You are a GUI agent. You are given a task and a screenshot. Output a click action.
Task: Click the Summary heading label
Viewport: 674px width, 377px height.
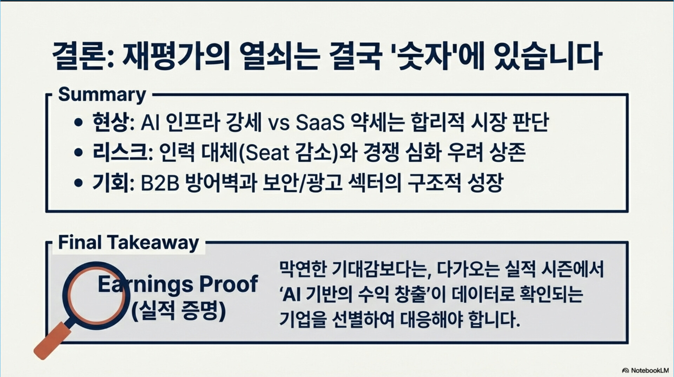pos(102,95)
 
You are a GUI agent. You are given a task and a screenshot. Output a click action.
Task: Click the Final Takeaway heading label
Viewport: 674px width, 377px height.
pos(128,243)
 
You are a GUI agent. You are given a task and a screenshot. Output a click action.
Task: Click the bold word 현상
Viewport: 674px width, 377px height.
pos(110,122)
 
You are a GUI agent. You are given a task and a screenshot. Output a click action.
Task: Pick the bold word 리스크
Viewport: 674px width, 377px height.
pos(120,152)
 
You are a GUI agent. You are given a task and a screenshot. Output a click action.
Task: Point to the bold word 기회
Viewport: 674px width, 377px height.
pos(110,183)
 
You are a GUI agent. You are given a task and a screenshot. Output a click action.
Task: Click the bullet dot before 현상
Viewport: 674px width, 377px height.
pos(79,123)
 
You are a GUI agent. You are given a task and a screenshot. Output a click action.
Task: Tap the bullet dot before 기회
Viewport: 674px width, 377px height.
pos(79,183)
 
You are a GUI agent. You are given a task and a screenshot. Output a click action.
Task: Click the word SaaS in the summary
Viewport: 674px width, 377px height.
pos(320,123)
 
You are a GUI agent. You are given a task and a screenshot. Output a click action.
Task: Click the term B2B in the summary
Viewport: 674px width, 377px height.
pos(160,183)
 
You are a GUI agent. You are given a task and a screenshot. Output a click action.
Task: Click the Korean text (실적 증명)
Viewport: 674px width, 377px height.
pos(179,310)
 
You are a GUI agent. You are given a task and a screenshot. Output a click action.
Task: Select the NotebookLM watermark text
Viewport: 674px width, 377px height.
pos(649,370)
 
